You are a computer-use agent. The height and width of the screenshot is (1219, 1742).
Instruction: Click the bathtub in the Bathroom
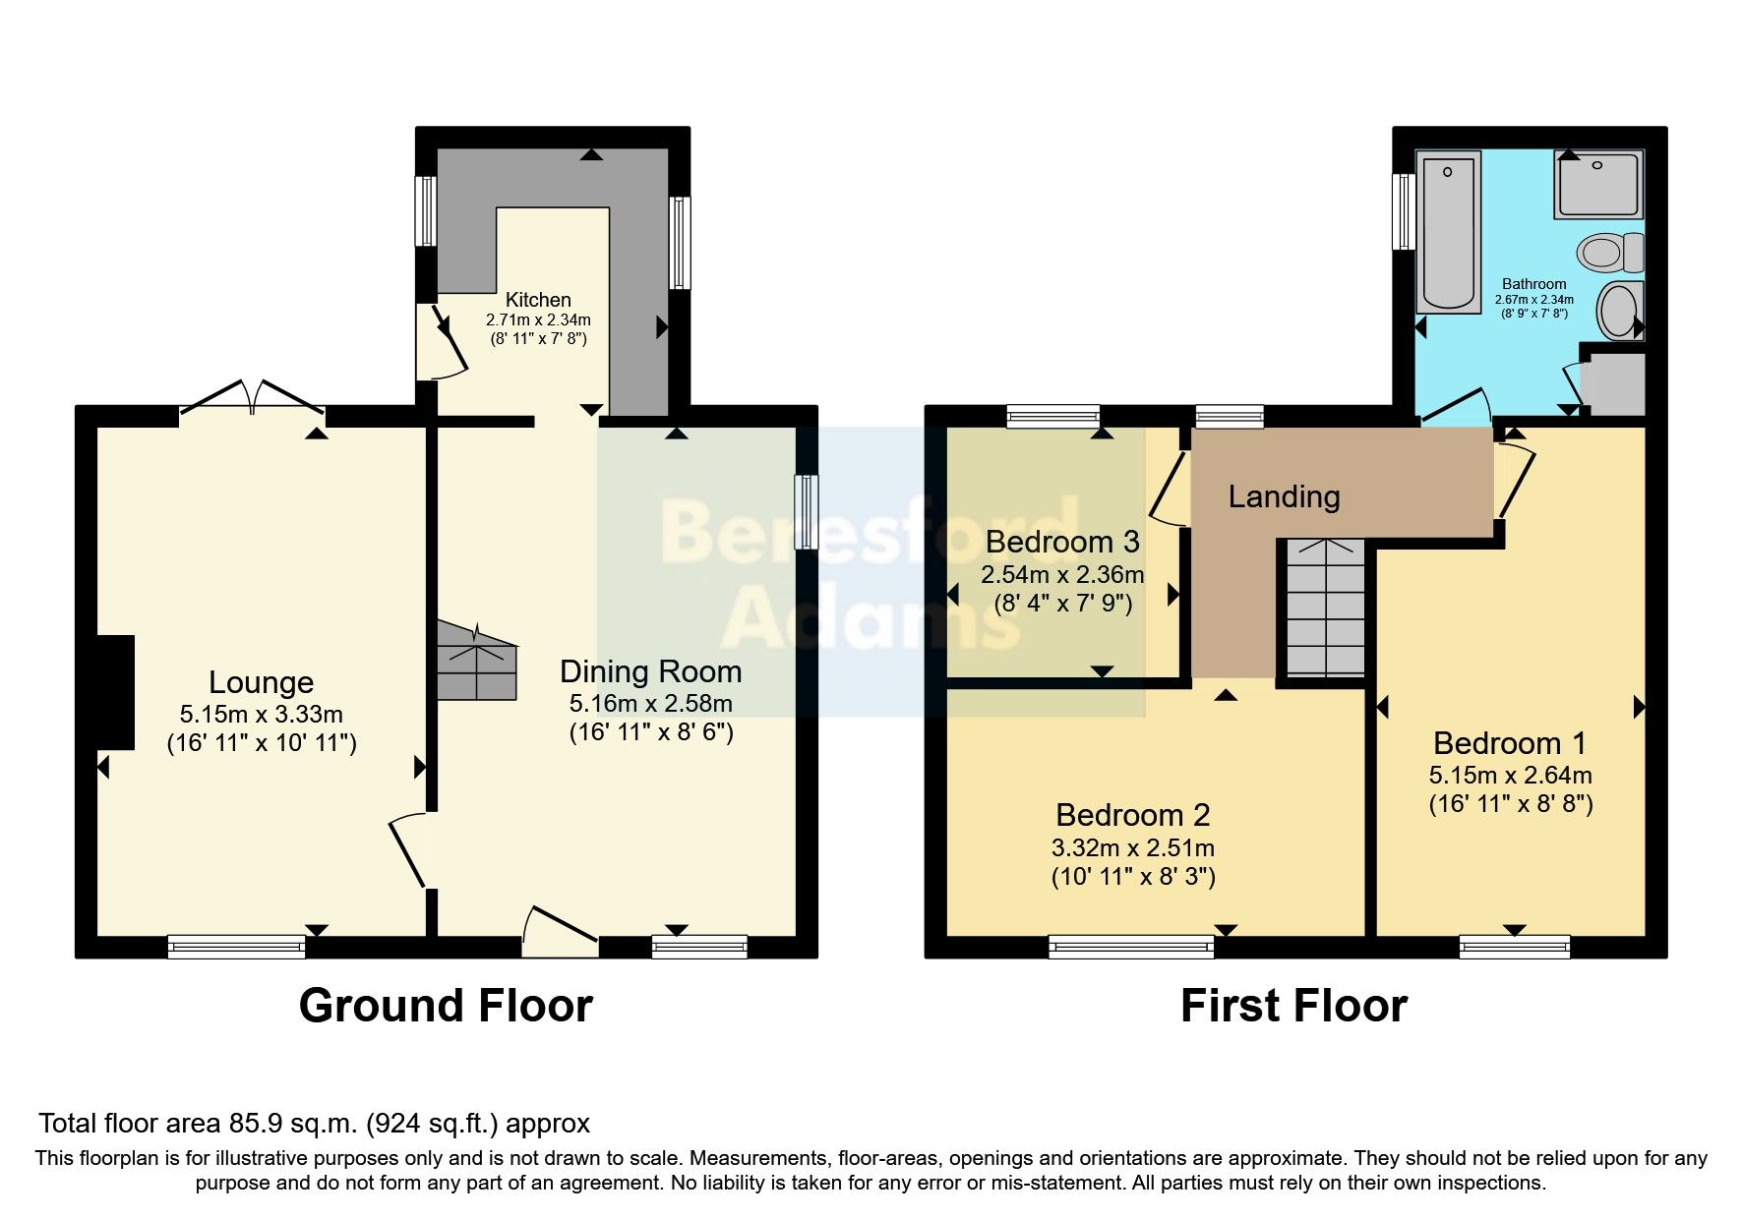coord(1449,232)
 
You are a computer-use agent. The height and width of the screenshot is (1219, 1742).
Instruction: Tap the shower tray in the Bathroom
coord(1598,184)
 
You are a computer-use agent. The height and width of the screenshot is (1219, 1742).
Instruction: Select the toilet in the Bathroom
coord(1609,253)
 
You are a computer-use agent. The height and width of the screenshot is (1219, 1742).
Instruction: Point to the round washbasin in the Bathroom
coord(1619,311)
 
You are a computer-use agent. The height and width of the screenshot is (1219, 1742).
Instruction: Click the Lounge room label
coord(261,682)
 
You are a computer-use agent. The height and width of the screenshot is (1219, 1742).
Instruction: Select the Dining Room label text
coord(650,671)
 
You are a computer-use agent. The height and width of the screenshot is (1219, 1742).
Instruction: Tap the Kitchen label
coord(538,300)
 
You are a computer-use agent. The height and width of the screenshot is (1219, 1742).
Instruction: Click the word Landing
coord(1284,496)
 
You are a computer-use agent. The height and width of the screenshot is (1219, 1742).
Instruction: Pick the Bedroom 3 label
coord(1062,542)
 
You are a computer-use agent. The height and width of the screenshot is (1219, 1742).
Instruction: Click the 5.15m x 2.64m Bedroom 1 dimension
coord(1510,775)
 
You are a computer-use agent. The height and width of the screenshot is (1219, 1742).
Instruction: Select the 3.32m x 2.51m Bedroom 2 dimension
coord(1132,847)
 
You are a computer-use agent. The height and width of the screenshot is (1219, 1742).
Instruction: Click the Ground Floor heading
coord(446,1006)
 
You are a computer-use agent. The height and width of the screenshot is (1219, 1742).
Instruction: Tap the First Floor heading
coord(1293,1006)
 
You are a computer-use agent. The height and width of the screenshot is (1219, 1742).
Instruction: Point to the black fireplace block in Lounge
coord(115,692)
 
